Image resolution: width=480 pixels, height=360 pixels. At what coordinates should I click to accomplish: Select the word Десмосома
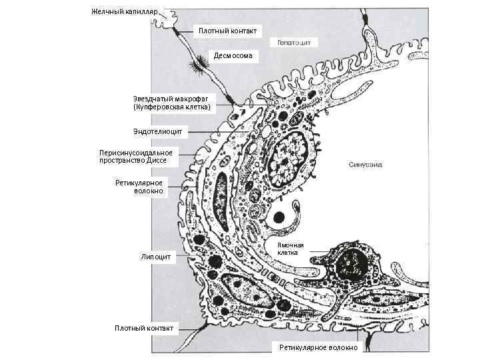pyautogui.click(x=233, y=55)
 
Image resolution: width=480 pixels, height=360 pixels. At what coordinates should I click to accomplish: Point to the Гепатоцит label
pyautogui.click(x=294, y=42)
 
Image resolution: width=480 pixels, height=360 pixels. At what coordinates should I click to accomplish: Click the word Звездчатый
pyautogui.click(x=154, y=99)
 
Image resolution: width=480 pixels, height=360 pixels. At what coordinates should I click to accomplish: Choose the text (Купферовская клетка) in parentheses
pyautogui.click(x=172, y=107)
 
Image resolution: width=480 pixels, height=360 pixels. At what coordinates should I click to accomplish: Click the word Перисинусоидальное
pyautogui.click(x=135, y=153)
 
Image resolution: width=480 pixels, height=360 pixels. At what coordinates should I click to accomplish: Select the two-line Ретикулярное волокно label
pyautogui.click(x=139, y=187)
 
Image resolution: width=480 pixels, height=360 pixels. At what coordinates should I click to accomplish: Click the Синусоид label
pyautogui.click(x=365, y=164)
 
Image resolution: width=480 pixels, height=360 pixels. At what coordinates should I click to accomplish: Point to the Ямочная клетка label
pyautogui.click(x=291, y=249)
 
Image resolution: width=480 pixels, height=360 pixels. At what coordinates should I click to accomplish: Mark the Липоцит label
pyautogui.click(x=157, y=256)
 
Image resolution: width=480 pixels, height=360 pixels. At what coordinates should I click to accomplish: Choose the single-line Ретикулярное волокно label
pyautogui.click(x=318, y=347)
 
